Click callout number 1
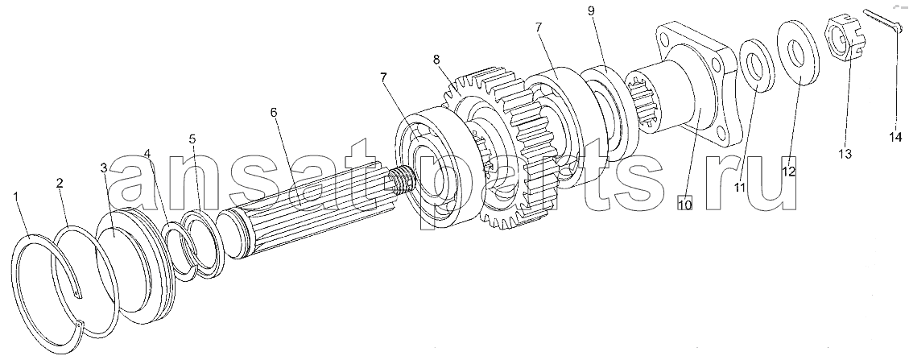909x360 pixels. click(x=16, y=198)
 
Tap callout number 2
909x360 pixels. click(x=60, y=183)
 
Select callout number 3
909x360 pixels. click(x=104, y=168)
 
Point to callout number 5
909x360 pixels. click(x=192, y=139)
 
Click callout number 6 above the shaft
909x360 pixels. click(x=275, y=113)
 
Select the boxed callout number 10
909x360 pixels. click(x=684, y=205)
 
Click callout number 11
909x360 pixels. click(x=740, y=187)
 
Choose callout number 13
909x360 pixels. click(x=845, y=154)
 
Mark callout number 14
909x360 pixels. click(x=895, y=137)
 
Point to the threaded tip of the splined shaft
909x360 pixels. click(x=403, y=179)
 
